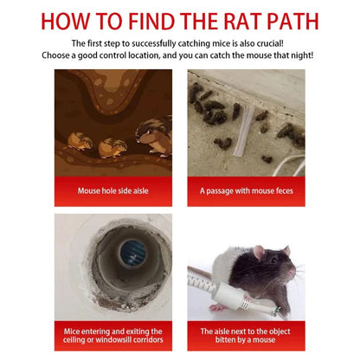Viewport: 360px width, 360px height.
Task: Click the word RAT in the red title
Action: pyautogui.click(x=242, y=21)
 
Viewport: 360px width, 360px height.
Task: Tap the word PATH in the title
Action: pyautogui.click(x=293, y=21)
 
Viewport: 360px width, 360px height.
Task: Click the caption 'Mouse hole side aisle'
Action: pyautogui.click(x=113, y=190)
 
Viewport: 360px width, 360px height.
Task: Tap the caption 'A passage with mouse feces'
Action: pyautogui.click(x=246, y=191)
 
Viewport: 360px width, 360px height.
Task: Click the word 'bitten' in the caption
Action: pyautogui.click(x=225, y=340)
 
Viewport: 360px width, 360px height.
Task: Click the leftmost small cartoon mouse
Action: pyautogui.click(x=80, y=141)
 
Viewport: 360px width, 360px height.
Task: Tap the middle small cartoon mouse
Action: pyautogui.click(x=112, y=148)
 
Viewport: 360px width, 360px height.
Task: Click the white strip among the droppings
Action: pyautogui.click(x=243, y=131)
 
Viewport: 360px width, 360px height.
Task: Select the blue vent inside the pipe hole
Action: pyautogui.click(x=132, y=254)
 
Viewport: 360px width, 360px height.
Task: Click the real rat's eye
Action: pyautogui.click(x=273, y=260)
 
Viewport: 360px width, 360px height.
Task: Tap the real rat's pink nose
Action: pyautogui.click(x=293, y=272)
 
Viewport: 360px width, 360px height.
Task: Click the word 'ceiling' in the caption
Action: pyautogui.click(x=74, y=340)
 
